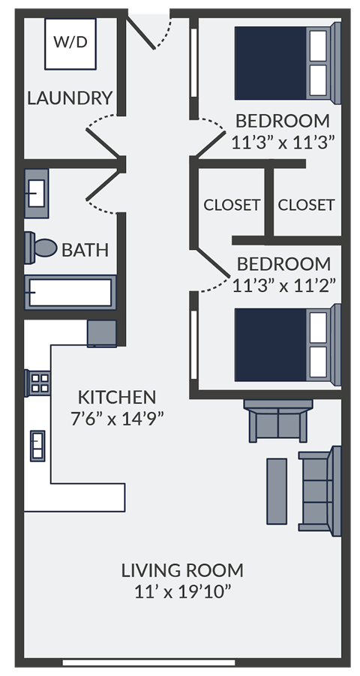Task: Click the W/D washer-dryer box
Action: (70, 42)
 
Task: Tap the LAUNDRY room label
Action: (70, 98)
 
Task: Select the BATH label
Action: (85, 250)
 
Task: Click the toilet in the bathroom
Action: (42, 248)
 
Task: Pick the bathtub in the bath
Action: (70, 292)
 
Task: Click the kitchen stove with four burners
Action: (37, 383)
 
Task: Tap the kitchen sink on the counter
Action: (37, 446)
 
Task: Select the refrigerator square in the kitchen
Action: (101, 333)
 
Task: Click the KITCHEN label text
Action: (117, 397)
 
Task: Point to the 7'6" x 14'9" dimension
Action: (118, 419)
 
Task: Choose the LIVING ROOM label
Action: (182, 570)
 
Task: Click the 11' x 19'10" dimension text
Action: (182, 592)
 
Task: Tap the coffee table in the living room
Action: (277, 491)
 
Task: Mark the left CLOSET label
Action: (232, 204)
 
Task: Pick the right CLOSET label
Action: (306, 204)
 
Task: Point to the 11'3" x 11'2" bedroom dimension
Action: (283, 285)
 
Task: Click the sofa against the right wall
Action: (321, 488)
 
